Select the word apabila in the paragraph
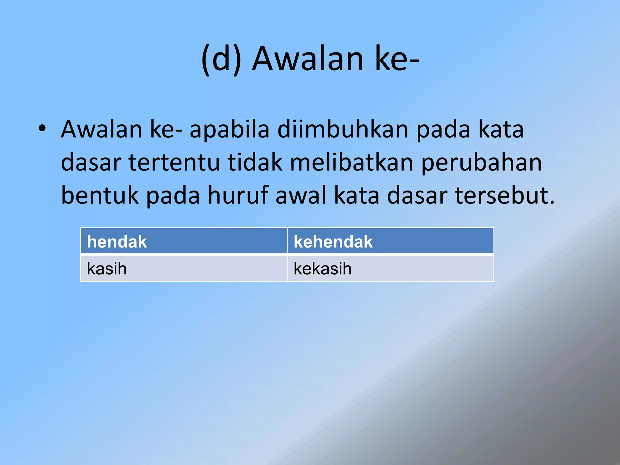click(x=229, y=130)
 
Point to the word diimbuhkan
click(x=343, y=130)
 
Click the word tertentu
click(x=174, y=163)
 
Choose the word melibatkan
click(x=351, y=163)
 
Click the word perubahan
click(x=481, y=163)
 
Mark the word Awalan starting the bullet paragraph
click(x=101, y=130)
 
